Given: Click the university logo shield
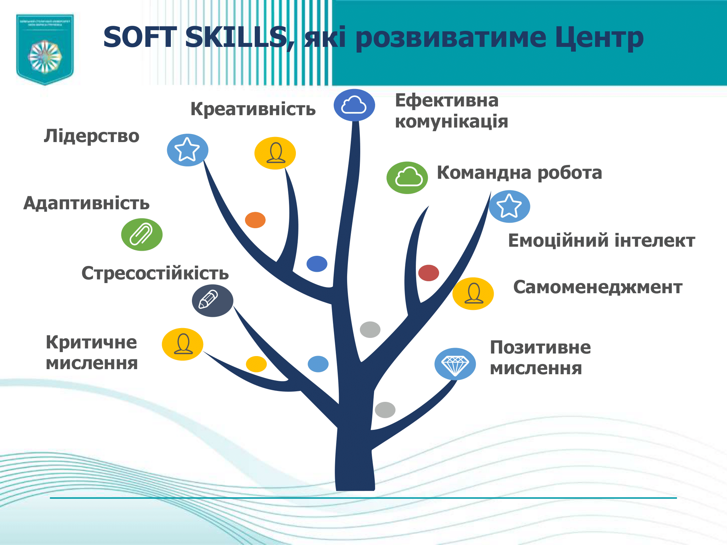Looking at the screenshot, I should point(45,49).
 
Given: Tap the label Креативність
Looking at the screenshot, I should point(253,109).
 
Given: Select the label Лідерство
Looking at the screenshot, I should point(92,136).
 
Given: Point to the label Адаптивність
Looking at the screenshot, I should point(87,203).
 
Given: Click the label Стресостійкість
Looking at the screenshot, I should point(155,273).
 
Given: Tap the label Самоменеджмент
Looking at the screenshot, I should point(598,287).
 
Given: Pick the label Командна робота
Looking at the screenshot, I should point(519,173).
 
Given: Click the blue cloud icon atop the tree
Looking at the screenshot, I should point(354,105).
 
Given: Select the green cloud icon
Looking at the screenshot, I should point(407,178).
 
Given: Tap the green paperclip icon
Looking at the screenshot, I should point(142,234).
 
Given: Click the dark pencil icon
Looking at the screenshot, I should point(212,300).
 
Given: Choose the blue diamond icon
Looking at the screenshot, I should point(455,364).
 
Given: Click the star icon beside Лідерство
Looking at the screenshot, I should point(188,150).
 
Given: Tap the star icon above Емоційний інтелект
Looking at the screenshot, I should point(509,206).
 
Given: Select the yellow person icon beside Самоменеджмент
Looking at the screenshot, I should point(473,294).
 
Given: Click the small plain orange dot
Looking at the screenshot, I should point(255,220).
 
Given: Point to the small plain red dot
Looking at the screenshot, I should point(429,273).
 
